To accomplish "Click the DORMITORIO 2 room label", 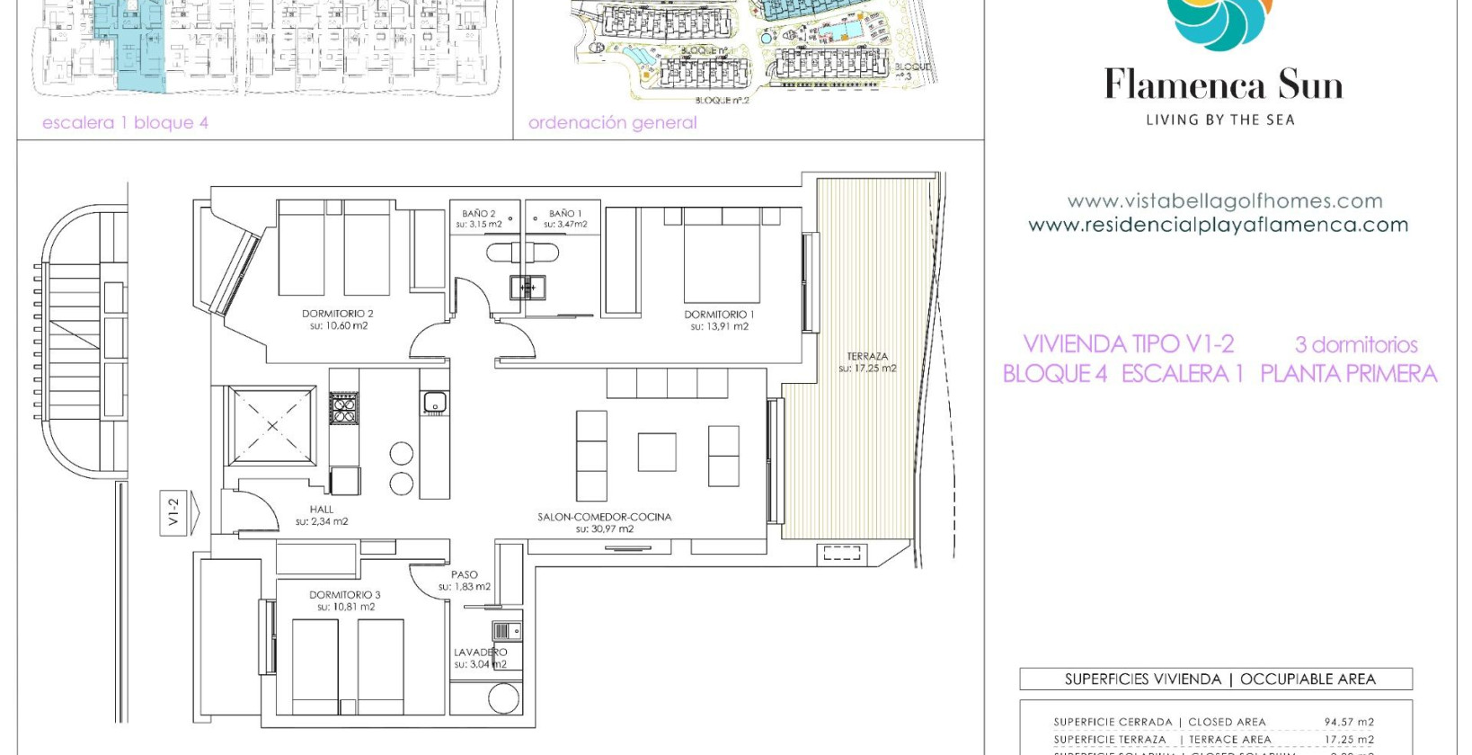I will (337, 314).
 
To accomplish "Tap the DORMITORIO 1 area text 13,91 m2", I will (719, 327).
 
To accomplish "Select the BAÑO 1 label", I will (565, 214).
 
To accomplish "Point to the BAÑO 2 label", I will (479, 214).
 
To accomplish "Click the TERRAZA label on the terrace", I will (867, 357).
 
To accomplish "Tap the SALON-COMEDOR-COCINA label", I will (604, 517).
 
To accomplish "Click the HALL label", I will (321, 510).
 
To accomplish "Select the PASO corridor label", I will (465, 574).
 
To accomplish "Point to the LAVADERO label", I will (480, 653).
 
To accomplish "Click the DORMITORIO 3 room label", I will (345, 595).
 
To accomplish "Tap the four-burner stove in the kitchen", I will (343, 408).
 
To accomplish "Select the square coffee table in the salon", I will (657, 451).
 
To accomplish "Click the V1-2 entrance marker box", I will (173, 512).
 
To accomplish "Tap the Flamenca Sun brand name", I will (1223, 85).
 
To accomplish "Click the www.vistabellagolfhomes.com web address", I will (1224, 201).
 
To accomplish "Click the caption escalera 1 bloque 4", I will (125, 123).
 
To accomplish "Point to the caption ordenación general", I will (612, 123).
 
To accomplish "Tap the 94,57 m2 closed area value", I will (1348, 722).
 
